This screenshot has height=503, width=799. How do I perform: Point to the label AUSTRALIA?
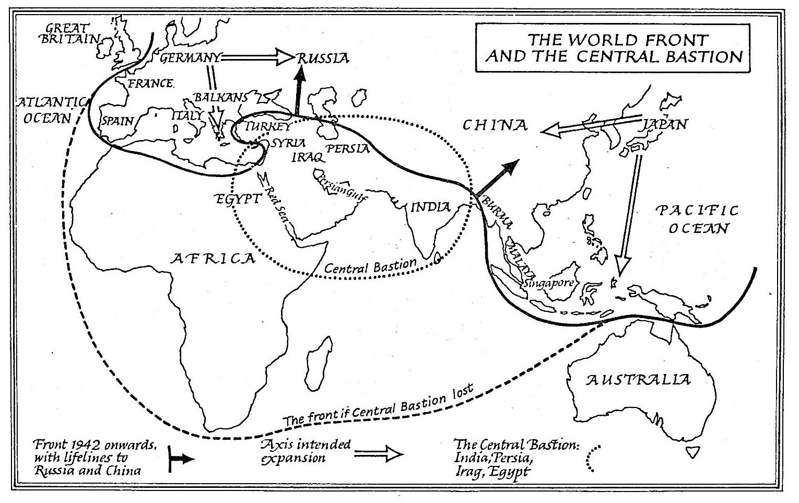click(638, 379)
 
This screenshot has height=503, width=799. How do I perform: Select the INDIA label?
click(431, 207)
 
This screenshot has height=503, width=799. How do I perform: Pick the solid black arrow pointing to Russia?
click(299, 91)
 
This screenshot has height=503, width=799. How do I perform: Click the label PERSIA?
click(348, 148)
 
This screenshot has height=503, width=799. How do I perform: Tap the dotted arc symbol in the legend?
click(592, 460)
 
